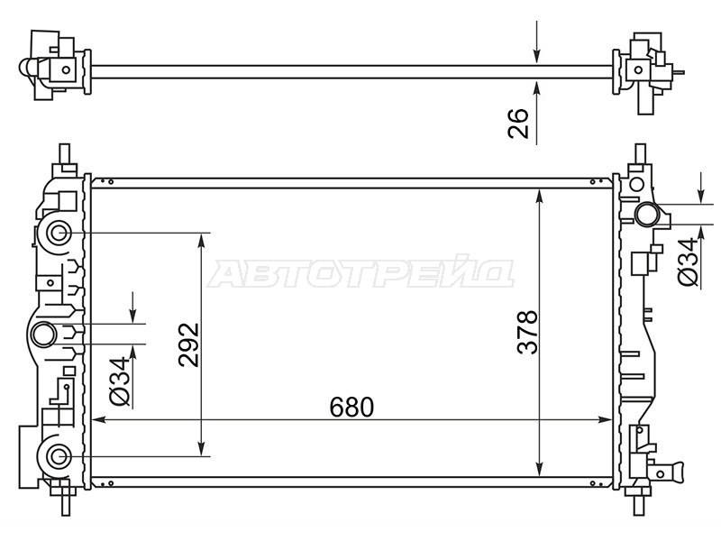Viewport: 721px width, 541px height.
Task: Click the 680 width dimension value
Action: pyautogui.click(x=351, y=408)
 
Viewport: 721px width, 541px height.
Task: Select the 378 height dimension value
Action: pyautogui.click(x=527, y=332)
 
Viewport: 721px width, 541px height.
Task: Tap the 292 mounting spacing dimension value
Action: pyautogui.click(x=189, y=345)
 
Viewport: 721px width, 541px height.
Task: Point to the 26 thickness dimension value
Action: pyautogui.click(x=518, y=124)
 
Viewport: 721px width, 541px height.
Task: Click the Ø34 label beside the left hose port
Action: pyautogui.click(x=121, y=381)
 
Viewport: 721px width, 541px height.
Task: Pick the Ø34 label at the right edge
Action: pyautogui.click(x=688, y=262)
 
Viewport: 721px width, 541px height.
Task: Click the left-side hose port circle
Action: pyautogui.click(x=44, y=335)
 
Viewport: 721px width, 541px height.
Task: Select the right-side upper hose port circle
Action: pyautogui.click(x=647, y=215)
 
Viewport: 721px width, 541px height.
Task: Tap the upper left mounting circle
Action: pyautogui.click(x=59, y=234)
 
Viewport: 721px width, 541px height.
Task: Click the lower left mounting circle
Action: pyautogui.click(x=59, y=457)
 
